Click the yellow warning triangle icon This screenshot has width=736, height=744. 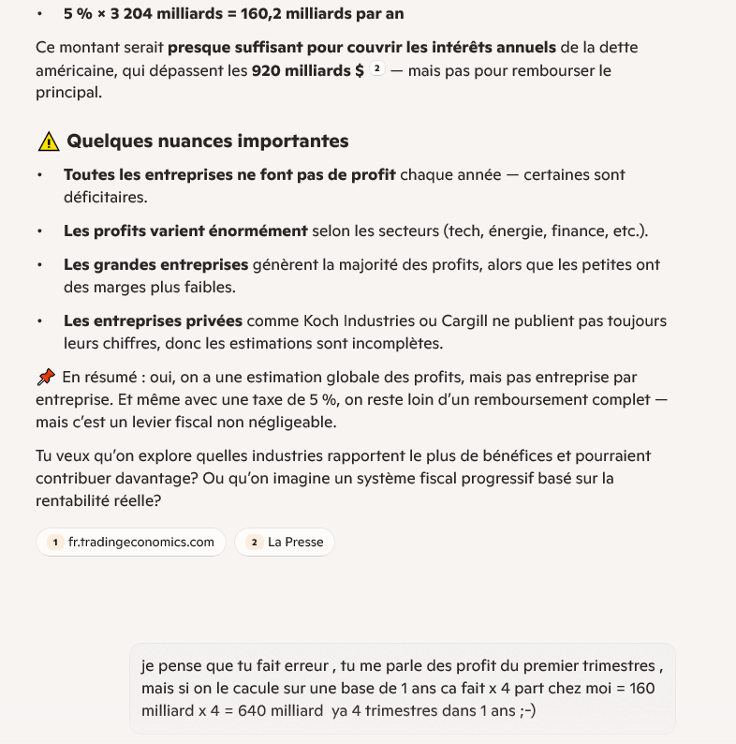coord(48,141)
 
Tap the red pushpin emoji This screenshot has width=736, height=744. coord(46,377)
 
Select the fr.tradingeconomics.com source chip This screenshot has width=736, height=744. coord(131,542)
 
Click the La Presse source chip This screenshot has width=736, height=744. coord(285,542)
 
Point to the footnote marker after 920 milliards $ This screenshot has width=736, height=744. coord(377,69)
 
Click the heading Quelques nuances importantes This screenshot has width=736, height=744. coord(207,141)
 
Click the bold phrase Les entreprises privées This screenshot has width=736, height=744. coord(153,320)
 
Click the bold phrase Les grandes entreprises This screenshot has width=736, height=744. coord(155,265)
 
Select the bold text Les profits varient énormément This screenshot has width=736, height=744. coord(185,231)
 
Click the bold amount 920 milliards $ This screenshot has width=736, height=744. coord(308,70)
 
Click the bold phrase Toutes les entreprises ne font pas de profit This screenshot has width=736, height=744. coord(229,175)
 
